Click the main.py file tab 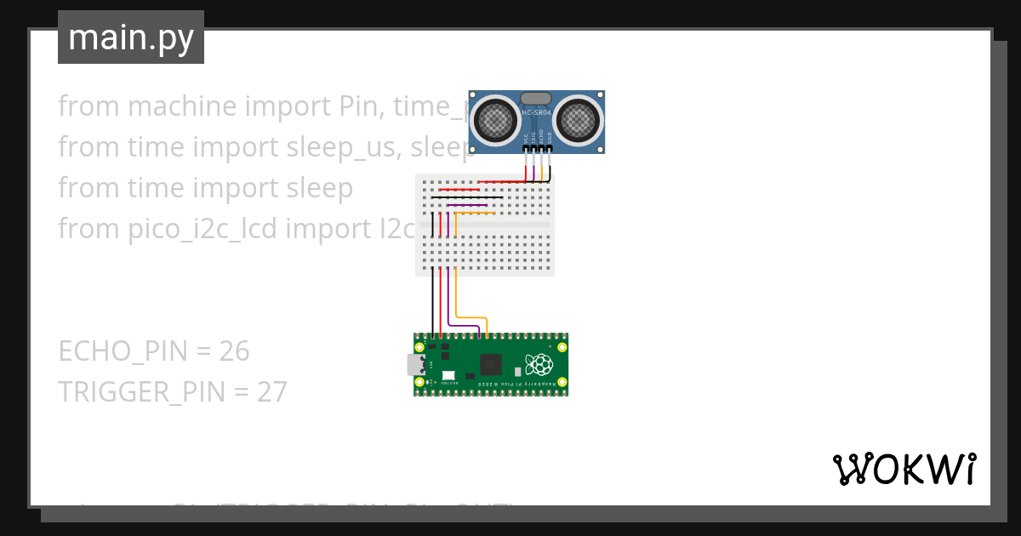[131, 37]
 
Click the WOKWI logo [904, 469]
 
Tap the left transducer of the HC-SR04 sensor [494, 120]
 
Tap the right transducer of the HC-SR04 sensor [579, 120]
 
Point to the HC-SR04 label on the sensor [537, 113]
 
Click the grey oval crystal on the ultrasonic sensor [536, 100]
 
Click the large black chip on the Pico [490, 365]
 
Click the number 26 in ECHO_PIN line [234, 351]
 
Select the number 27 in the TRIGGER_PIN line [272, 391]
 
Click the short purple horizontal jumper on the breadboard [466, 205]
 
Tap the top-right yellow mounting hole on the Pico [561, 347]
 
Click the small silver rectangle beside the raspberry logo [517, 372]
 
